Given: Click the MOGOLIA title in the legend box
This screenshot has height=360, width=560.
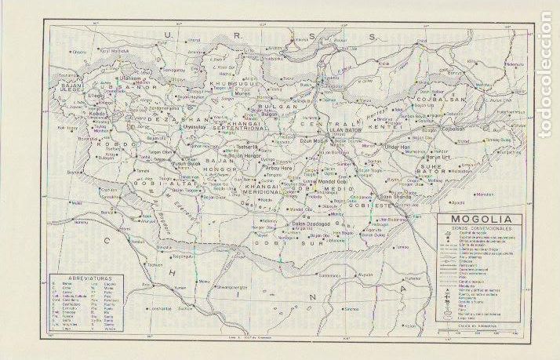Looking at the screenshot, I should [481, 219].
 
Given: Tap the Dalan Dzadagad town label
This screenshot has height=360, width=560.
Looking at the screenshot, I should [307, 226].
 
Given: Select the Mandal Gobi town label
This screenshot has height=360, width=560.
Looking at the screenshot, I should [338, 181].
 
